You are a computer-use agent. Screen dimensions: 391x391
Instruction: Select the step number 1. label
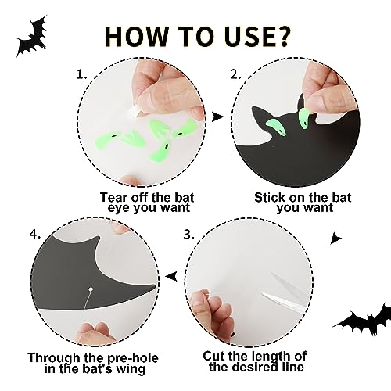coord(81,75)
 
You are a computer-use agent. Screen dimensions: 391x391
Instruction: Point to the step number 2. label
coord(235,75)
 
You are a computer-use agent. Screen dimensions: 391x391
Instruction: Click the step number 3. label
coord(189,235)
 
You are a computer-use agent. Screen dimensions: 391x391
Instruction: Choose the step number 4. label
coord(35,234)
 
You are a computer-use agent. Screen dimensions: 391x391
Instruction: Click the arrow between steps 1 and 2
coord(217,117)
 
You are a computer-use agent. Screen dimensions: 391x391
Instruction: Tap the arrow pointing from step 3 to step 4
coord(171,276)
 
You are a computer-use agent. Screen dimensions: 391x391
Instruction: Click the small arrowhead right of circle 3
coord(335,239)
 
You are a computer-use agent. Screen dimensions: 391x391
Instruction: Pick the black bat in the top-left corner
coord(33,37)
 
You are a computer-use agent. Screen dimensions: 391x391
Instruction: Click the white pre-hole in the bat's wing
coord(91,289)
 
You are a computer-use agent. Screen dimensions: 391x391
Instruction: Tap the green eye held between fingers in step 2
coord(304,119)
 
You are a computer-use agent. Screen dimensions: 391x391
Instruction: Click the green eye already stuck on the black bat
coord(276,127)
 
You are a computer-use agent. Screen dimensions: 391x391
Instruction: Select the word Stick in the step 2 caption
coord(269,197)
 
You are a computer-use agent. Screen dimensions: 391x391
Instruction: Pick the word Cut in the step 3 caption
coord(213,356)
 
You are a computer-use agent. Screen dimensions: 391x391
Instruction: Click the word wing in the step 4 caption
coord(131,369)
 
